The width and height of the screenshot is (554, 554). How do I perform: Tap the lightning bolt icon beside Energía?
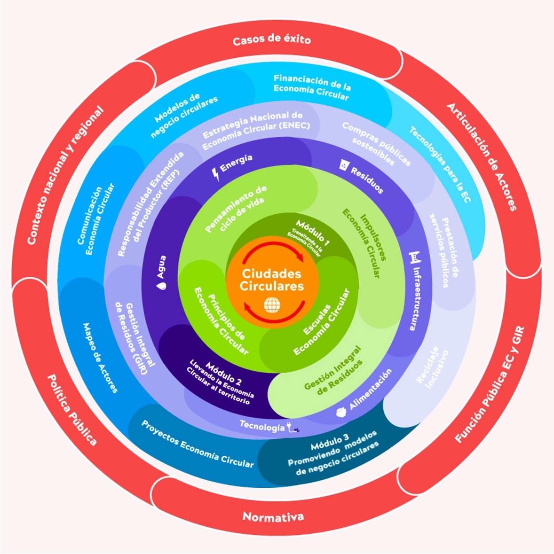[x=216, y=174]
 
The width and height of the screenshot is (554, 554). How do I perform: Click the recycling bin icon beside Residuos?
[x=344, y=164]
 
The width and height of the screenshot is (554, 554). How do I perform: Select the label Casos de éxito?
[x=271, y=39]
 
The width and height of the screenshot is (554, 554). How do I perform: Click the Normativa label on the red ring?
[x=273, y=516]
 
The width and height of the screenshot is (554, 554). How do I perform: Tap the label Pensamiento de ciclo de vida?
[x=237, y=209]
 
